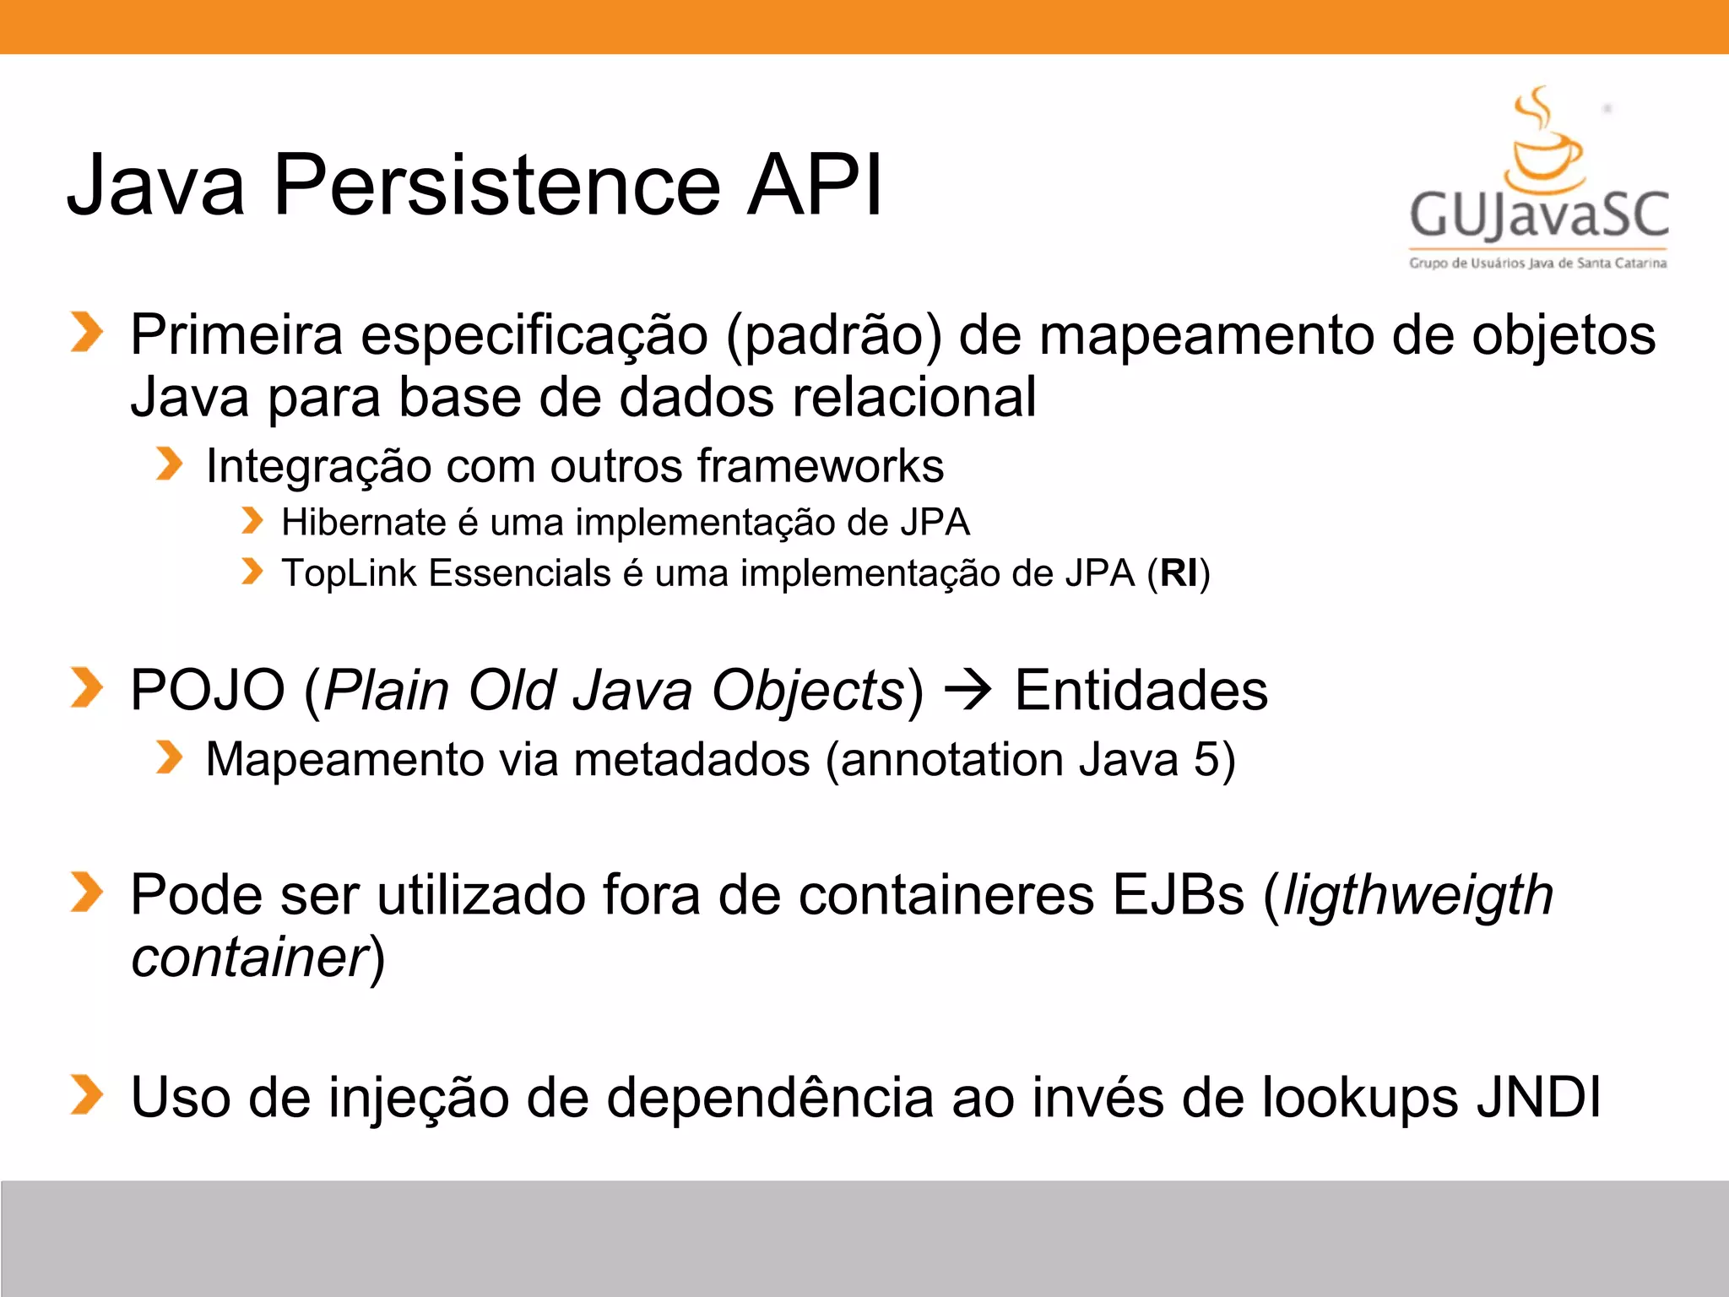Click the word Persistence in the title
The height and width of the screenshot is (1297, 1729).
point(496,185)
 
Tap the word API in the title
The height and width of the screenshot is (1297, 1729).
point(815,185)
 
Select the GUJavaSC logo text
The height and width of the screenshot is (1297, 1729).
point(1539,214)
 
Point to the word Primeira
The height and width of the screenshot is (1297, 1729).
point(236,335)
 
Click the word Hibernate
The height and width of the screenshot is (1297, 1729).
point(363,523)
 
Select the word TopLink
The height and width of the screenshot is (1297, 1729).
point(349,573)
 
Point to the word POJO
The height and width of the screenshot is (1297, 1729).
point(208,691)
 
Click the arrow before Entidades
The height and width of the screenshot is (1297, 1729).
point(967,691)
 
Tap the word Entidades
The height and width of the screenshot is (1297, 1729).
point(1141,691)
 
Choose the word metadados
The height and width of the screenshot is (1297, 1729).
point(691,759)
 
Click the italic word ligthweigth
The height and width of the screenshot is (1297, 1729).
point(1417,895)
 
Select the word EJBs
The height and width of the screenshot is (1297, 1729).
point(1178,895)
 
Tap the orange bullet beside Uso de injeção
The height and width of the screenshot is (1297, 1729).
point(86,1095)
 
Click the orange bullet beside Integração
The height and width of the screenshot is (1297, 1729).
point(169,464)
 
